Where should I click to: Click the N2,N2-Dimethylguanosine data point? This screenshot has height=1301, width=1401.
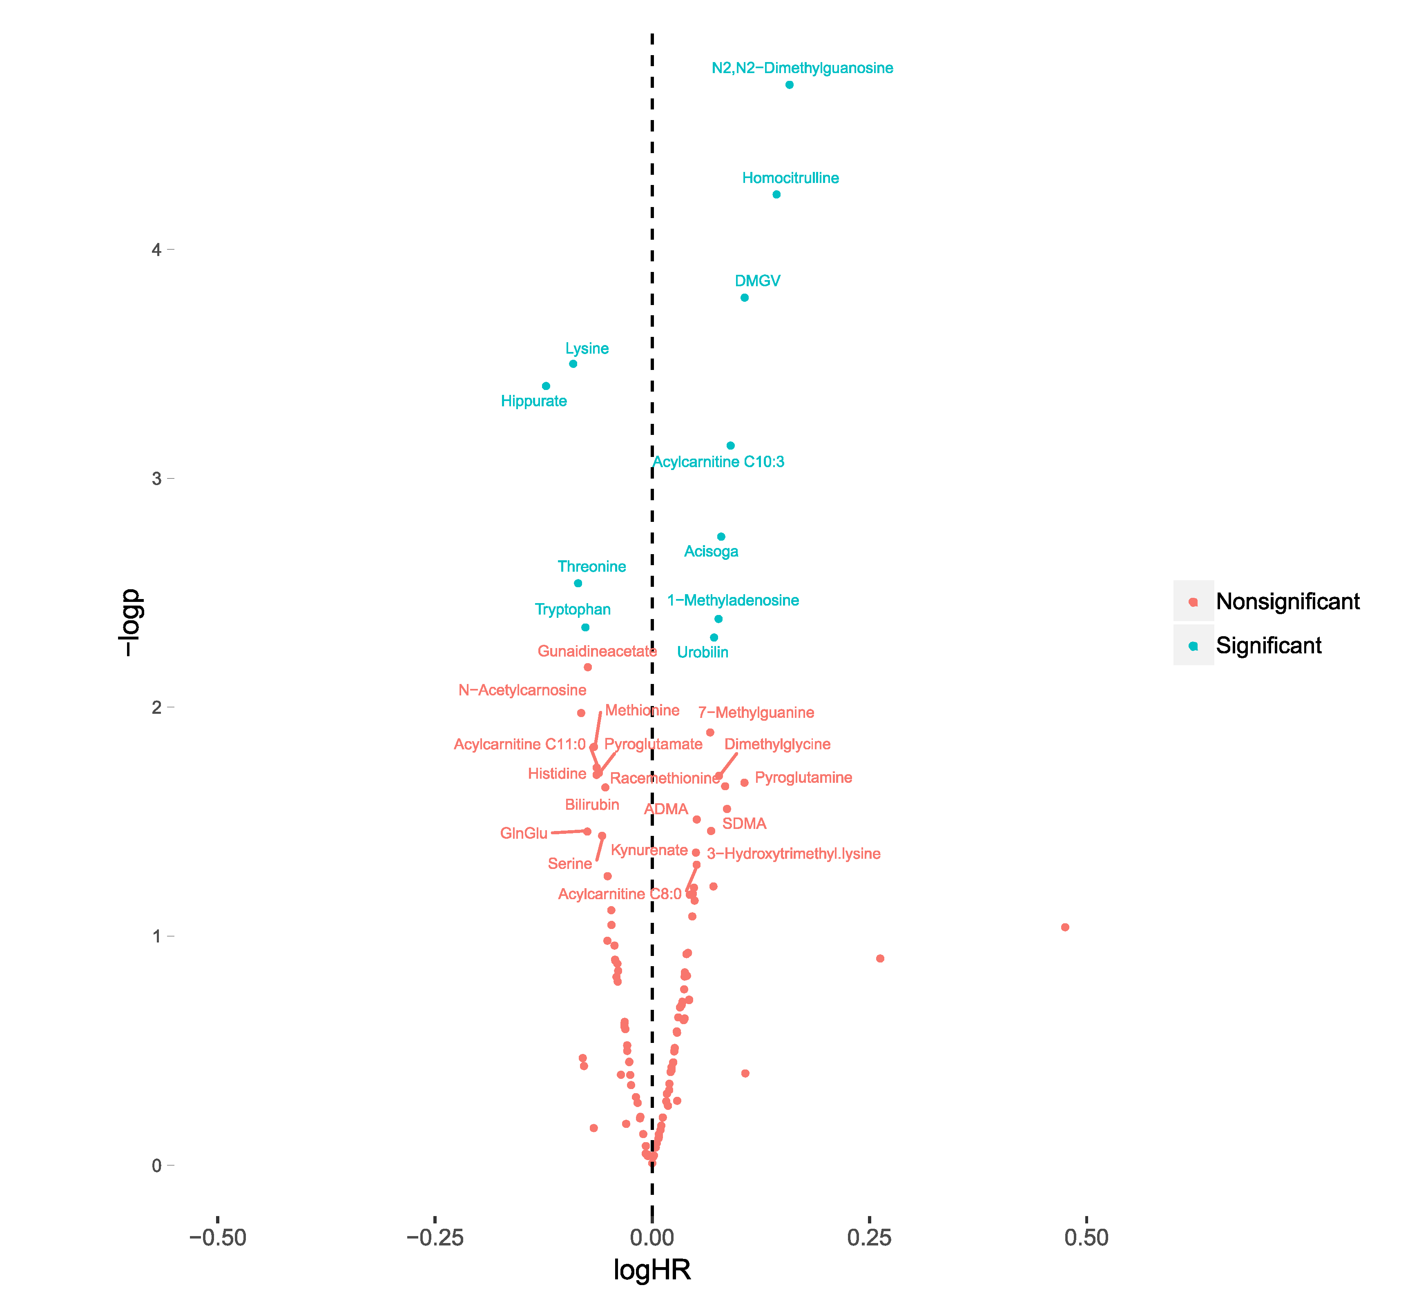pos(789,85)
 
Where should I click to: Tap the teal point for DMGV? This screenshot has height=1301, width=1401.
pos(744,298)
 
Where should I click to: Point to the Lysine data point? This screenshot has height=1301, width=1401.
pos(573,364)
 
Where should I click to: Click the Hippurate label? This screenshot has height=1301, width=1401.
pos(534,401)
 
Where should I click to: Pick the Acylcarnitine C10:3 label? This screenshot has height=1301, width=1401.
pos(718,462)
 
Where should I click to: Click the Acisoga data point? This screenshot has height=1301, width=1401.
pos(721,537)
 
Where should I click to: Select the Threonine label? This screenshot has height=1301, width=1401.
pos(591,567)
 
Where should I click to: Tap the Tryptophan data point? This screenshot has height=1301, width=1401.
pos(585,627)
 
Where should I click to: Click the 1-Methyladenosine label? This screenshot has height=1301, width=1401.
pos(733,601)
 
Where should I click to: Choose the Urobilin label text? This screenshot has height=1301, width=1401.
pos(703,653)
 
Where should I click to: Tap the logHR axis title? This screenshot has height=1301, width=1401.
pos(652,1270)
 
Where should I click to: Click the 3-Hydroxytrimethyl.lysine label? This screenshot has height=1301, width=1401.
pos(794,854)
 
